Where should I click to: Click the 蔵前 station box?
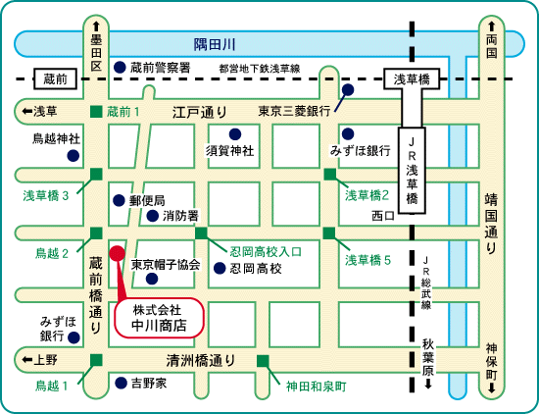(x=55, y=78)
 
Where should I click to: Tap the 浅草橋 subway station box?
(x=412, y=78)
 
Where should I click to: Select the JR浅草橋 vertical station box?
(x=412, y=171)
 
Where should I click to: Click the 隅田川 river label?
(x=215, y=44)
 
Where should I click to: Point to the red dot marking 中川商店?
(x=118, y=253)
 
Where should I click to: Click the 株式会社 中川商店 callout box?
(x=159, y=318)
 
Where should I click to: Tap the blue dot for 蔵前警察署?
(x=120, y=67)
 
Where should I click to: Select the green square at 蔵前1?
(x=96, y=112)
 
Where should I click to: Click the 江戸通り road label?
(x=199, y=112)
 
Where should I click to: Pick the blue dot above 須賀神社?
(x=235, y=133)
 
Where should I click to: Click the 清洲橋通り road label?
(x=200, y=360)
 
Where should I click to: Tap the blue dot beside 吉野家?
(x=121, y=383)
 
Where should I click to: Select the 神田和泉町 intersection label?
(x=316, y=387)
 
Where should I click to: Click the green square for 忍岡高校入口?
(x=201, y=233)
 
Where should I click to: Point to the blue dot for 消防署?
(x=152, y=216)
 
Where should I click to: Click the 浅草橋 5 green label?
(x=367, y=260)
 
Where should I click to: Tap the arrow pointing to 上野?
(x=27, y=360)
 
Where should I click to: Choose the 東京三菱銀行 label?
(x=294, y=111)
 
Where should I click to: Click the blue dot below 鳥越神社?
(x=73, y=156)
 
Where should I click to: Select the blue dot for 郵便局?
(x=119, y=200)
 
